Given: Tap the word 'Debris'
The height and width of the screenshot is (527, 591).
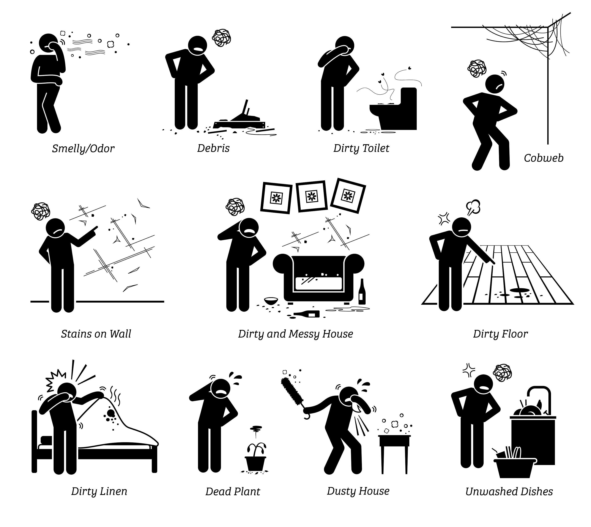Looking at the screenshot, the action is (x=213, y=148).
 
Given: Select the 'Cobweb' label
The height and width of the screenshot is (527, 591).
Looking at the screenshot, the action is (x=544, y=158).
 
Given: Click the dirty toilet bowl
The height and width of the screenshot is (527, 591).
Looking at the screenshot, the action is (x=393, y=109).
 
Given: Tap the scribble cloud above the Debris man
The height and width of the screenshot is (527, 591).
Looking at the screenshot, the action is (x=222, y=38).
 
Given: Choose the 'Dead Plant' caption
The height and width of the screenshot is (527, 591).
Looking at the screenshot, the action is (x=233, y=492).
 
